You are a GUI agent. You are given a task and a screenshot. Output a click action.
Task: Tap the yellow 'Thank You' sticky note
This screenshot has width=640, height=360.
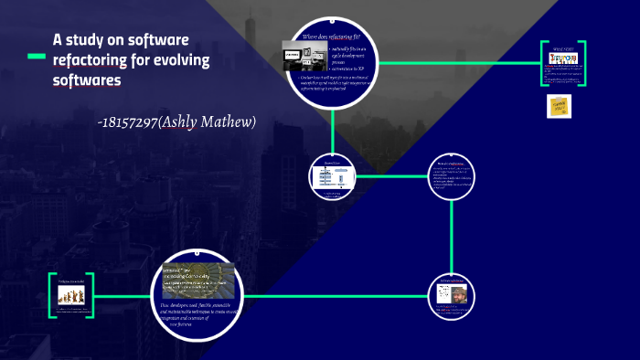pyautogui.click(x=559, y=106)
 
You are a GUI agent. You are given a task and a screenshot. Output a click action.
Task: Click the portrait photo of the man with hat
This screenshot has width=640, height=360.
pyautogui.click(x=452, y=295)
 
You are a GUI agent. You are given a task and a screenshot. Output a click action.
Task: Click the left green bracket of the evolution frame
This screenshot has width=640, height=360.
pyautogui.click(x=51, y=295)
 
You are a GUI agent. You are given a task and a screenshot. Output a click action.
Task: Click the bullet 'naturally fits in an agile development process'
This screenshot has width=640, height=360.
pyautogui.click(x=346, y=52)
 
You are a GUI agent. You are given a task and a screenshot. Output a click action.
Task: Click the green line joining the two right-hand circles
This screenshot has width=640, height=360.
pyautogui.click(x=452, y=235)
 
